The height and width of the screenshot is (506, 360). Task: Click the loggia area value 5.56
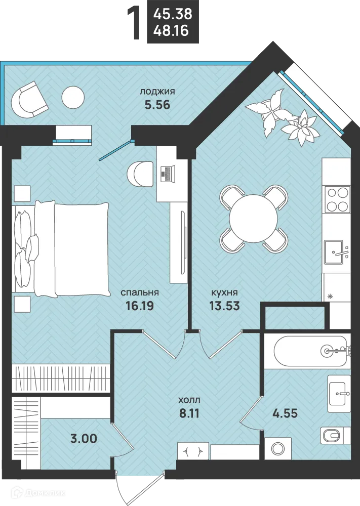pyautogui.click(x=157, y=105)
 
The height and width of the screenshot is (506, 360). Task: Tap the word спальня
pyautogui.click(x=140, y=292)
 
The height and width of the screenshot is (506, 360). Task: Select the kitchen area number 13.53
pyautogui.click(x=225, y=305)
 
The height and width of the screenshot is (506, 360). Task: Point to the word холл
pyautogui.click(x=189, y=400)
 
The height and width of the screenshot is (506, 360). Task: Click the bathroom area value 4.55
pyautogui.click(x=285, y=413)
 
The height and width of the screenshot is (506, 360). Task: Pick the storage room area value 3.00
pyautogui.click(x=84, y=439)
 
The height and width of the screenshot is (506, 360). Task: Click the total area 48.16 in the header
pyautogui.click(x=171, y=31)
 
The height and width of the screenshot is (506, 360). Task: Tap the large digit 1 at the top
pyautogui.click(x=134, y=24)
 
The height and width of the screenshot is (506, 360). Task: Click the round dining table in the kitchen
pyautogui.click(x=254, y=218)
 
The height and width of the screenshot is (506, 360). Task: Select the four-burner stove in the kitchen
pyautogui.click(x=338, y=199)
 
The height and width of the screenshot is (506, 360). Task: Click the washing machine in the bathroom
pyautogui.click(x=277, y=448)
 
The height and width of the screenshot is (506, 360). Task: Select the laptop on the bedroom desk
pyautogui.click(x=168, y=174)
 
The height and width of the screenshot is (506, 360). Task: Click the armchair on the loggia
pyautogui.click(x=29, y=99)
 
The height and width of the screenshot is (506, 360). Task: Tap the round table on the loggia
pyautogui.click(x=73, y=98)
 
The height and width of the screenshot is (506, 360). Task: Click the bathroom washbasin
pyautogui.click(x=339, y=393)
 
